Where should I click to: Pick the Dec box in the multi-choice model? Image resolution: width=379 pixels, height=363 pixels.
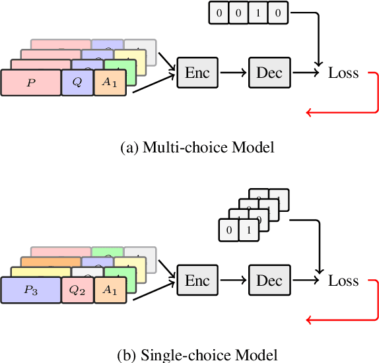(269, 72)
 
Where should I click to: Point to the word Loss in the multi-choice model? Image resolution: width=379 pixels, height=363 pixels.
(343, 73)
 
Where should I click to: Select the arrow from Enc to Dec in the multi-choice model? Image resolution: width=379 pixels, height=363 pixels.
(232, 72)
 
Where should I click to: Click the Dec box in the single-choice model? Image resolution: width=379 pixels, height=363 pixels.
(269, 280)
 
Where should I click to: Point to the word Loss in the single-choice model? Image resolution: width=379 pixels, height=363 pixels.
(343, 281)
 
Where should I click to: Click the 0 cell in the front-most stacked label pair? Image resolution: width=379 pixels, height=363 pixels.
(228, 230)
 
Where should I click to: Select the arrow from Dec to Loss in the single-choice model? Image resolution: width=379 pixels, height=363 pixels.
(305, 280)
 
